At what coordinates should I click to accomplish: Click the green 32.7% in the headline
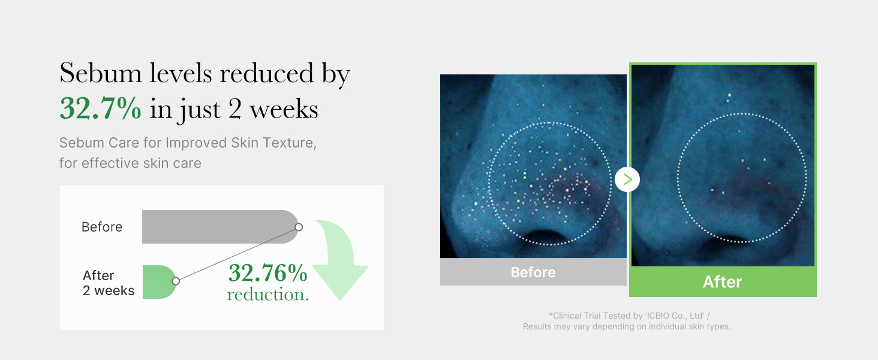tap(100, 108)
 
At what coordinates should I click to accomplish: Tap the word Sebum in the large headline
tap(100, 73)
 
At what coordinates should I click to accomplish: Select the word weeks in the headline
tap(284, 109)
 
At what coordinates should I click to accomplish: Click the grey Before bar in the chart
tap(220, 227)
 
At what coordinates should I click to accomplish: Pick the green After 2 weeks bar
tap(159, 282)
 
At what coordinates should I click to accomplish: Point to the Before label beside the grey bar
tap(102, 227)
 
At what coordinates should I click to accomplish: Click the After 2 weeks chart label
tap(109, 283)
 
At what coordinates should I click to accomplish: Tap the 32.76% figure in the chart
tap(268, 273)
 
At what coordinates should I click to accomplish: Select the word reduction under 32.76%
tap(268, 295)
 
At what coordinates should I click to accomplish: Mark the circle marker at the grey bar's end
tap(299, 227)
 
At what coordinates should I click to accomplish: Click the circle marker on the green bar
tap(176, 281)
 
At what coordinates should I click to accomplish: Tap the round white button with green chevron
tap(627, 179)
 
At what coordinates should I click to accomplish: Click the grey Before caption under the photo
tap(533, 272)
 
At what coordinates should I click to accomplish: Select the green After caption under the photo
tap(723, 281)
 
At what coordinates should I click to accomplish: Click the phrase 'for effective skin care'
tap(130, 163)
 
